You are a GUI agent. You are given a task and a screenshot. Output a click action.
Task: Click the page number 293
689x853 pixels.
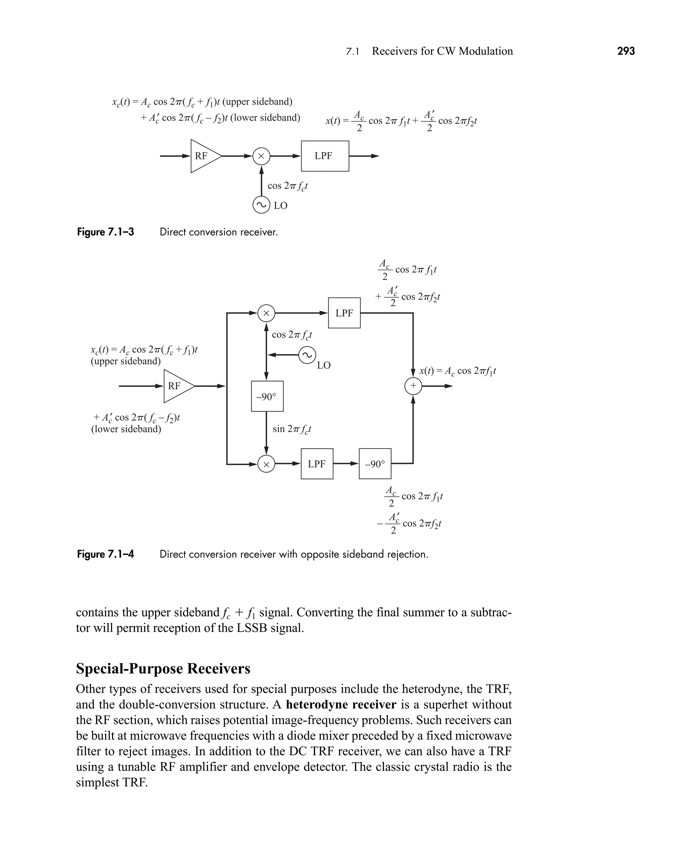point(626,51)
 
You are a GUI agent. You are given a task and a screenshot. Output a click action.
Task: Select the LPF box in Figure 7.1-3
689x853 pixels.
point(325,156)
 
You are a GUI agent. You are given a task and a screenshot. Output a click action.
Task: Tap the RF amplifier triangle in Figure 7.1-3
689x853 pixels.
point(203,156)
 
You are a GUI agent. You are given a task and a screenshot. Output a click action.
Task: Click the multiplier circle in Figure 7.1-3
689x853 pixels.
point(261,156)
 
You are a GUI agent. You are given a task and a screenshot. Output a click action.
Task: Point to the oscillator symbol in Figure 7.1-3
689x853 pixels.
point(261,205)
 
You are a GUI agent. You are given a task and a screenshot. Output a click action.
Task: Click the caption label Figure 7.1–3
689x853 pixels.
point(106,232)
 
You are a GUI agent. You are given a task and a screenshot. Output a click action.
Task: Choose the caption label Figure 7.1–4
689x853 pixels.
point(106,554)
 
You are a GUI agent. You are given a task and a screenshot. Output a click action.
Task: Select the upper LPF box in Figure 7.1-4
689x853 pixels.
point(344,313)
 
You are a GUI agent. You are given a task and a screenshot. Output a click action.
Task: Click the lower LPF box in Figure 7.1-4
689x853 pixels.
point(317,464)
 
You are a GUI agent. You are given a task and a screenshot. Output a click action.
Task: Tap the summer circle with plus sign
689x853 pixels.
point(413,386)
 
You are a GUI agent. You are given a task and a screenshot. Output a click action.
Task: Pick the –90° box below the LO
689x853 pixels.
point(267,396)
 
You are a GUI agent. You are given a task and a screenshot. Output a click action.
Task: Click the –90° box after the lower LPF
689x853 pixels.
point(375,464)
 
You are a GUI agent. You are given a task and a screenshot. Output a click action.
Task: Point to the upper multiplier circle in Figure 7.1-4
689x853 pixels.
point(266,313)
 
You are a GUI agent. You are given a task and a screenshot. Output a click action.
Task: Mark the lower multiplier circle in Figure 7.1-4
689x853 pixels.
point(266,464)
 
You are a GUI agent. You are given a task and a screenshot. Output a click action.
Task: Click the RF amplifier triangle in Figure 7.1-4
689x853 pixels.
point(176,386)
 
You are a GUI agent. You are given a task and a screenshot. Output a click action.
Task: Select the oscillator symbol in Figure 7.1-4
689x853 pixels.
point(307,355)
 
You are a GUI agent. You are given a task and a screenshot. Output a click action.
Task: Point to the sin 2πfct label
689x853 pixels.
point(292,429)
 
